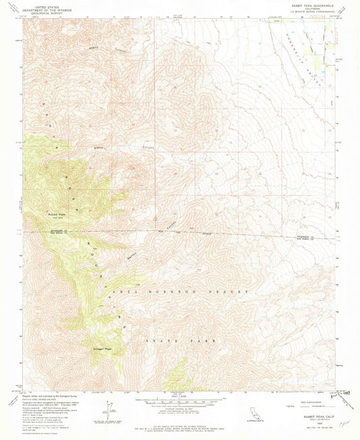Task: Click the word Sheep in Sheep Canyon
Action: [x=97, y=48]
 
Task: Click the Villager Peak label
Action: [x=103, y=349]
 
